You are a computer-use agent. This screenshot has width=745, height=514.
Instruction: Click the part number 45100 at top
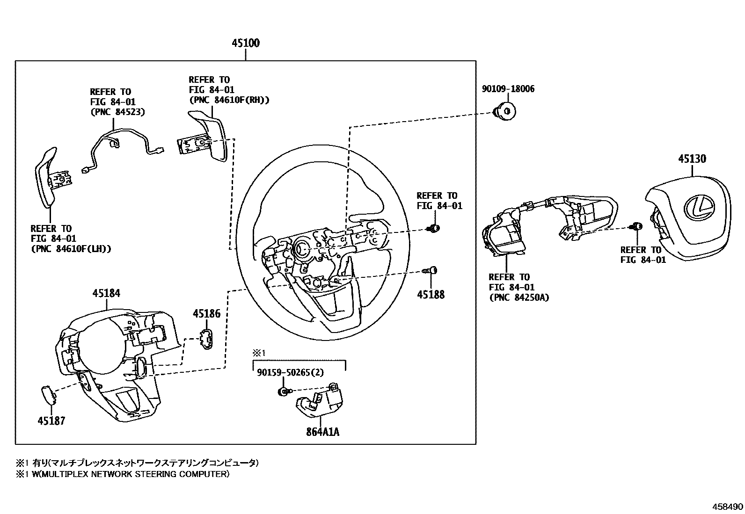246,43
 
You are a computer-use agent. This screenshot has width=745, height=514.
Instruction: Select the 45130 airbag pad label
692,159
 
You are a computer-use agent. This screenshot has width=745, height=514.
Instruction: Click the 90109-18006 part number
508,89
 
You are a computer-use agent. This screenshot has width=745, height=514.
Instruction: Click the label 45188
431,295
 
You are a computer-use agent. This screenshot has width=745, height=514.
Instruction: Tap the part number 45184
106,294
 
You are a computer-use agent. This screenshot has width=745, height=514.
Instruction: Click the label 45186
206,314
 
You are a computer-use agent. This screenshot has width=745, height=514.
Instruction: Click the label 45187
51,421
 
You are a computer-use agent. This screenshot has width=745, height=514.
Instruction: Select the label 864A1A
323,432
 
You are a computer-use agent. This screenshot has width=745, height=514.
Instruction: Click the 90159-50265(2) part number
290,372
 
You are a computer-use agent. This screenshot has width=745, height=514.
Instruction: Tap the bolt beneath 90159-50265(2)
284,391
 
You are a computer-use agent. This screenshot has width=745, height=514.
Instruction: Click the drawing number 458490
728,507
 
